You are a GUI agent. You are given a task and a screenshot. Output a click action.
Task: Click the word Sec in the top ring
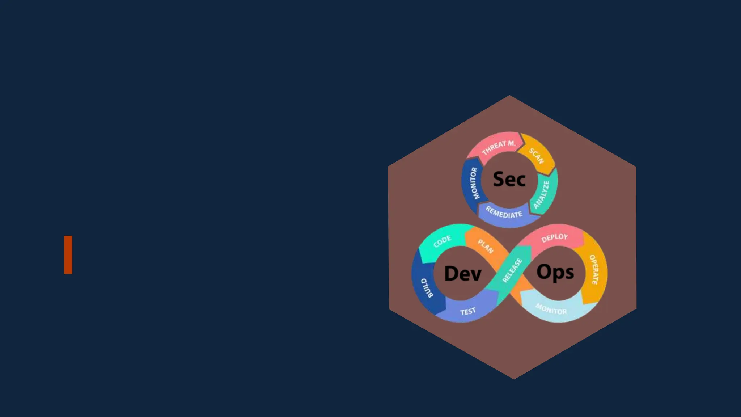pyautogui.click(x=509, y=179)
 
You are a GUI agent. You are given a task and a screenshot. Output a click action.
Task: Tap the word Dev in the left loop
pyautogui.click(x=462, y=273)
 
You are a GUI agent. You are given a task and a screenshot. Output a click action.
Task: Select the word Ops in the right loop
pyautogui.click(x=555, y=272)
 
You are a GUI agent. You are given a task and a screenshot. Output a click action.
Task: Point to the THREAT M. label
pyautogui.click(x=499, y=147)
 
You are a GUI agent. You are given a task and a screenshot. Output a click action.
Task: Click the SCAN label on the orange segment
pyautogui.click(x=536, y=156)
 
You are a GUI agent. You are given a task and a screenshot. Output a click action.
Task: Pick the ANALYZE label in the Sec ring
pyautogui.click(x=541, y=195)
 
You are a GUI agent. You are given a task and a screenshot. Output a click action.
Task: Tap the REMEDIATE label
pyautogui.click(x=504, y=212)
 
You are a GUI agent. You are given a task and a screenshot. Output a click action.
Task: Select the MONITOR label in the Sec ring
pyautogui.click(x=474, y=183)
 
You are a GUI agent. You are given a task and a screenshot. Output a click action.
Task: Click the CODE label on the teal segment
pyautogui.click(x=442, y=241)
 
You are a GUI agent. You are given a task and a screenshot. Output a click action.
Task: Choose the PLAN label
pyautogui.click(x=486, y=246)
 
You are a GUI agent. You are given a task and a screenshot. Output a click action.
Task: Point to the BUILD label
pyautogui.click(x=427, y=288)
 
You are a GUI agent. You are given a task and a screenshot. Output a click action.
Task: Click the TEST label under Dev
pyautogui.click(x=468, y=311)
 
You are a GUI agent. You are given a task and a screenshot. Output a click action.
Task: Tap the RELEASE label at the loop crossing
pyautogui.click(x=512, y=270)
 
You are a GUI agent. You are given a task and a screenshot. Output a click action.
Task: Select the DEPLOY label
pyautogui.click(x=555, y=237)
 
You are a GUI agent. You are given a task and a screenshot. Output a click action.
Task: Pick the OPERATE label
pyautogui.click(x=594, y=270)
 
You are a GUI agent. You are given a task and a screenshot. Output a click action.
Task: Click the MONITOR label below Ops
pyautogui.click(x=551, y=309)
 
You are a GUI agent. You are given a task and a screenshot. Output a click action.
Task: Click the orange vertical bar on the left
pyautogui.click(x=68, y=255)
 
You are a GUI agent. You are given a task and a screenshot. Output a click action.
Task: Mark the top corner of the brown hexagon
pyautogui.click(x=509, y=96)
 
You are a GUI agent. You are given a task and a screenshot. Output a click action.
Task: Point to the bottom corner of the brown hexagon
pyautogui.click(x=514, y=379)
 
